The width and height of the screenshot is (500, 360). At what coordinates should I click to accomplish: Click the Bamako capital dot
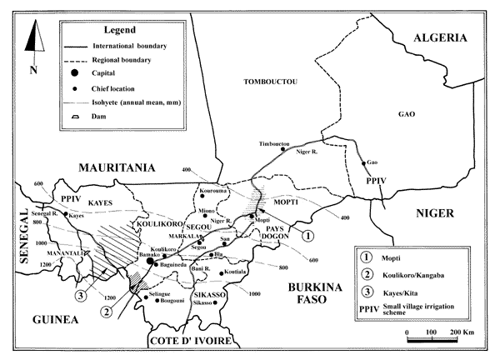(x=150, y=262)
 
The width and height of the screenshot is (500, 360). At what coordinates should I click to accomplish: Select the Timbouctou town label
(x=275, y=143)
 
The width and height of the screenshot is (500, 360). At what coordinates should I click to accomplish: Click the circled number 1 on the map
(x=307, y=236)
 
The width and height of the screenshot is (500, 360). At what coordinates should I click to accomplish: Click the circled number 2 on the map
(x=107, y=312)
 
